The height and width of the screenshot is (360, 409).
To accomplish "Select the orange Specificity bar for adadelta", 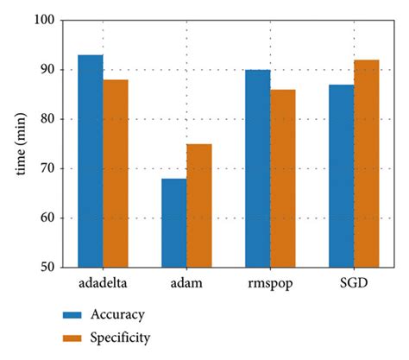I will click(x=115, y=174).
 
